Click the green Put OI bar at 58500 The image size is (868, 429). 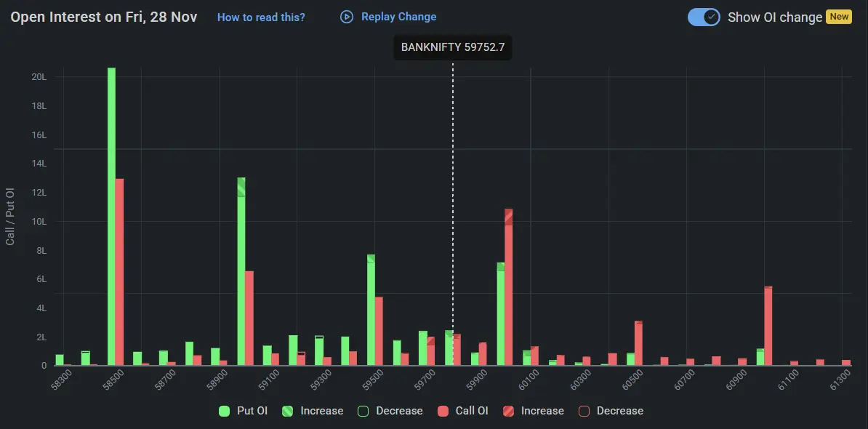point(111,218)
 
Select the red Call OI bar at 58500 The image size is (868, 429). point(119,273)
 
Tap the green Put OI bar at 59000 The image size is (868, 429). point(241,273)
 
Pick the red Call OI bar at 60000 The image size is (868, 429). point(509,287)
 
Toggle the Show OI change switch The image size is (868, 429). point(703,17)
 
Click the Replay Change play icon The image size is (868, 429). point(347,17)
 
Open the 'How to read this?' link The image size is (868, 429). point(261,17)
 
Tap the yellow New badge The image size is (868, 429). point(839,17)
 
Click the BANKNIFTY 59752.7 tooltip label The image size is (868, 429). point(452,47)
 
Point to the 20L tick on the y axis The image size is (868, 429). point(39,77)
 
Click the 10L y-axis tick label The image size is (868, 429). point(39,222)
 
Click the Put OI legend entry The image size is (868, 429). point(244,411)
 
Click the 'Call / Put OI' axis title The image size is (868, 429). point(10,216)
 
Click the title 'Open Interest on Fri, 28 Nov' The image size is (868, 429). point(103,17)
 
